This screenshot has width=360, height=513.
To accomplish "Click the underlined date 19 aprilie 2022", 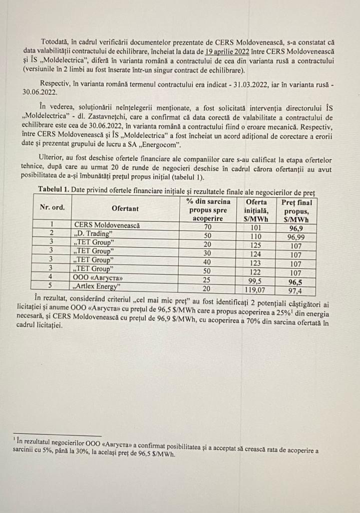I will click(x=228, y=52).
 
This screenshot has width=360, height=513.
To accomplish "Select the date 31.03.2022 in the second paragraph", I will click(x=235, y=85).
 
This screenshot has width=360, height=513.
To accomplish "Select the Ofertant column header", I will click(x=125, y=208).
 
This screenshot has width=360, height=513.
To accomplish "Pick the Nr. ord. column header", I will click(x=52, y=207).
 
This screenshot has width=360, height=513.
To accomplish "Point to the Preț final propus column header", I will click(x=296, y=210).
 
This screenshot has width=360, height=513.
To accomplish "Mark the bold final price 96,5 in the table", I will click(x=296, y=282).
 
